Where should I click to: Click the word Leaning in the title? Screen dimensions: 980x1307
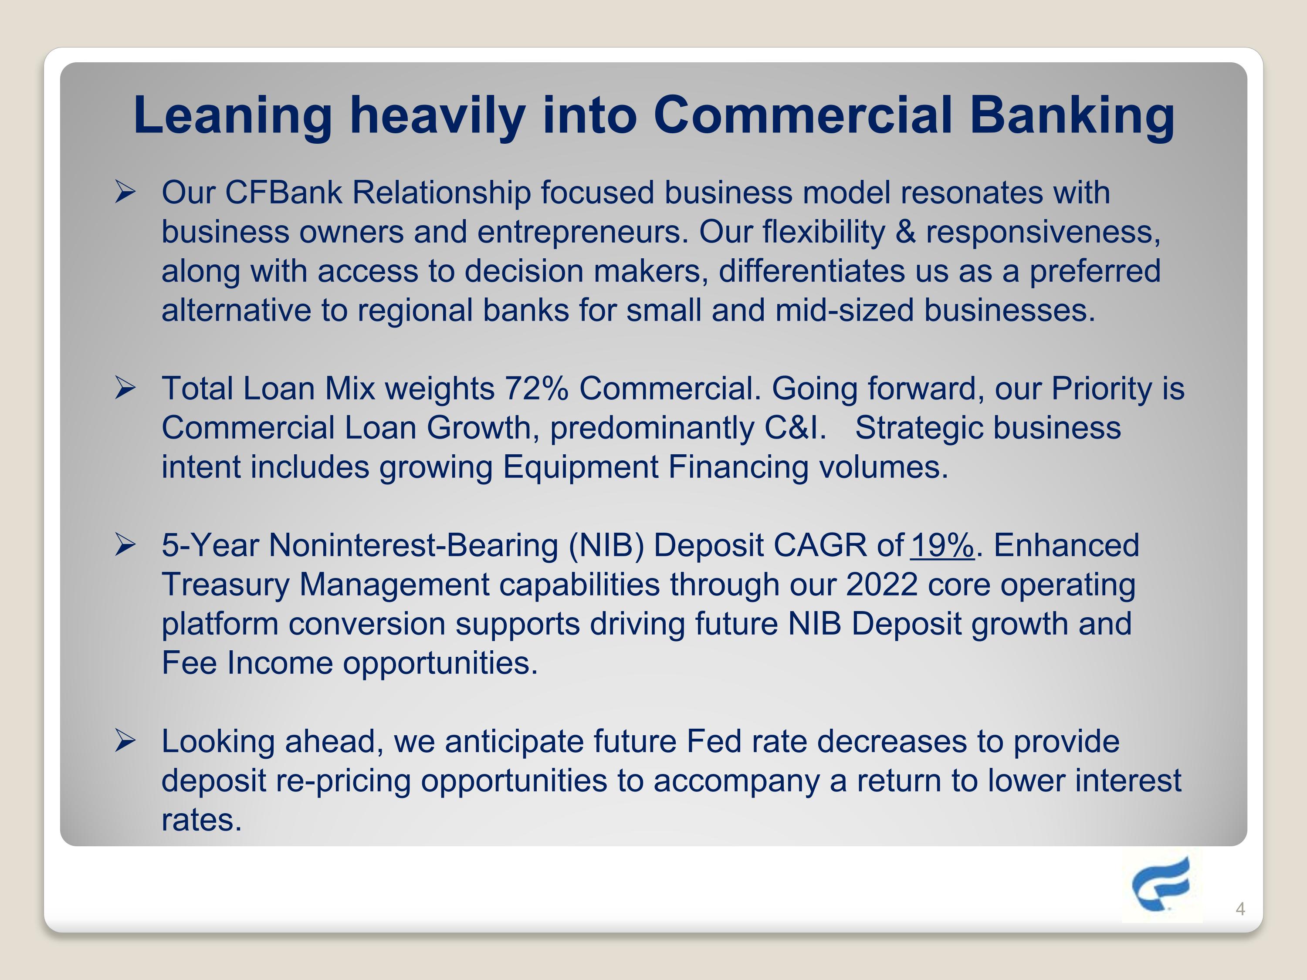point(233,116)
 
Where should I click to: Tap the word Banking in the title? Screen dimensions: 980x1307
point(1072,116)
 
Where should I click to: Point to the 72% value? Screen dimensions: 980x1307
point(536,389)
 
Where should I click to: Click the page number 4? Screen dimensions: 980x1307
point(1240,909)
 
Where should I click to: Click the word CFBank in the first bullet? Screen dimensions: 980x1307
point(284,193)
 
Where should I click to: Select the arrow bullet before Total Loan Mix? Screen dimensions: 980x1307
point(125,388)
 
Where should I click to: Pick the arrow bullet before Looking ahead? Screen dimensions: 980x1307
point(125,741)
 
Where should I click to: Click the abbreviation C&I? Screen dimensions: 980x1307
point(795,428)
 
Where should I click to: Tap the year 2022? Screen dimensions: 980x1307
point(882,584)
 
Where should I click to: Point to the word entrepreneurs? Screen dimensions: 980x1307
point(582,232)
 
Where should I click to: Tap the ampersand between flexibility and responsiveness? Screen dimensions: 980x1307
point(905,232)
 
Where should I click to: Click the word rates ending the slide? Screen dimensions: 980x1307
point(201,820)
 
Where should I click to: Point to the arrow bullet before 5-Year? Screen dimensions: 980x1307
point(125,544)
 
